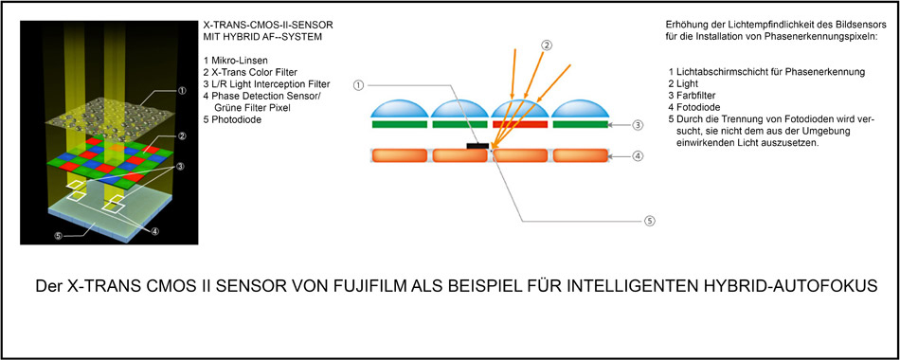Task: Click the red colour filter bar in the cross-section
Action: click(x=519, y=124)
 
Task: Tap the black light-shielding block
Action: click(x=477, y=146)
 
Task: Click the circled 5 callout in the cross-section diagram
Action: click(x=650, y=221)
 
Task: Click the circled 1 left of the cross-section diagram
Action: click(x=359, y=85)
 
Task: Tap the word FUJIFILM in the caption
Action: click(x=371, y=285)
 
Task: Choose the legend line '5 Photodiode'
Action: click(x=232, y=120)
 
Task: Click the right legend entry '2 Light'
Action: click(x=684, y=83)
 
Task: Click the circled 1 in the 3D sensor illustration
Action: click(x=182, y=90)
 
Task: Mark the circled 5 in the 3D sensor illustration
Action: click(x=59, y=234)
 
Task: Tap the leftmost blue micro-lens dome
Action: click(x=400, y=109)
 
